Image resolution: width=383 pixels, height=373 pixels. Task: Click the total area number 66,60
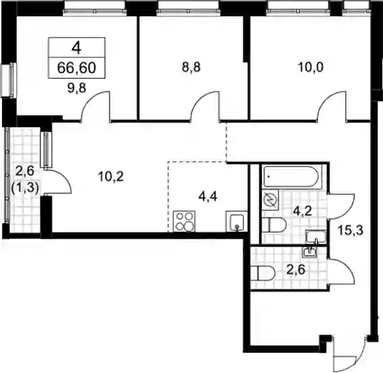pos(76,68)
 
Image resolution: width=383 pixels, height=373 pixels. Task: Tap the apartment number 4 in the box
pos(76,48)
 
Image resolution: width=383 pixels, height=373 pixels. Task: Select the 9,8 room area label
pos(77,88)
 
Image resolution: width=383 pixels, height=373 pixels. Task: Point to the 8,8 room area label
pos(191,67)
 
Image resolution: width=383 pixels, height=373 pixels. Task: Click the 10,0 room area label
pos(311,67)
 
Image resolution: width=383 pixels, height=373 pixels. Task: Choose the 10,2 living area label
pos(111,176)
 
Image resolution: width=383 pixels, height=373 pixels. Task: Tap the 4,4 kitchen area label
pos(208,197)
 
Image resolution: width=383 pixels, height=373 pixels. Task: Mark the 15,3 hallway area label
pos(351,230)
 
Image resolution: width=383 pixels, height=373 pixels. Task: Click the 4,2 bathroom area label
pos(302,211)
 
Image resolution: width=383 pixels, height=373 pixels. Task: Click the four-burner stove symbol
pos(184,221)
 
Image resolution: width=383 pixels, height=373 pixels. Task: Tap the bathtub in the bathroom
pos(291,177)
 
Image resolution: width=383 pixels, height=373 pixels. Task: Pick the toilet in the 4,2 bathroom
pos(274,225)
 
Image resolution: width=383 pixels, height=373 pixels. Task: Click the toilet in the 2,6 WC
pos(263,274)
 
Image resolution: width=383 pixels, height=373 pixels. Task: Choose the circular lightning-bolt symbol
pos(271,200)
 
